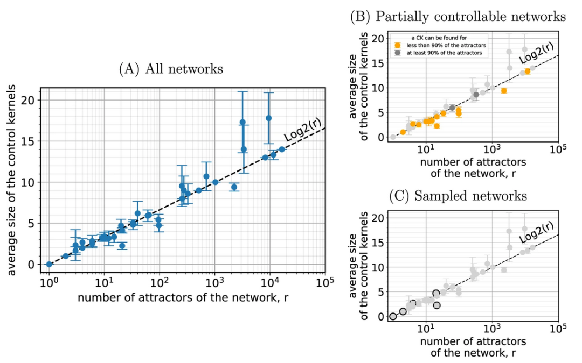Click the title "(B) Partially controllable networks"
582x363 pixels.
pyautogui.click(x=459, y=17)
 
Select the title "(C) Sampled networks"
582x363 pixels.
pyautogui.click(x=459, y=196)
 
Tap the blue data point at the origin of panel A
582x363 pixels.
pyautogui.click(x=49, y=264)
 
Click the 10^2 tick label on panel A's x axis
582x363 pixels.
pyautogui.click(x=160, y=282)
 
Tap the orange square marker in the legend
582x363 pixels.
pyautogui.click(x=398, y=46)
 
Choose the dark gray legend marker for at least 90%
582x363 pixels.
pyautogui.click(x=398, y=53)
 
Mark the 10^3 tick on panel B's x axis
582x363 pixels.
pyautogui.click(x=491, y=148)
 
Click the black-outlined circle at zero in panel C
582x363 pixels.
pyautogui.click(x=393, y=317)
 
